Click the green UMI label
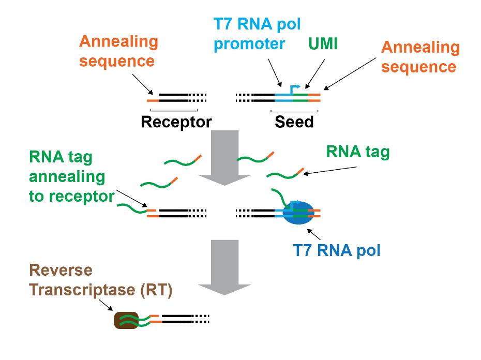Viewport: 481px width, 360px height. pos(323,44)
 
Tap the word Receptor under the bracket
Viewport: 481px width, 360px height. pos(176,122)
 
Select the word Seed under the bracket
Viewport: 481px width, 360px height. pos(294,122)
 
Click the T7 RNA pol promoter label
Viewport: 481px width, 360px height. pos(257,34)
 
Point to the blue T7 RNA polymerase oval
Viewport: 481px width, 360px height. pos(298,213)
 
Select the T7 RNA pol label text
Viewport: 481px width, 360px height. pos(337,251)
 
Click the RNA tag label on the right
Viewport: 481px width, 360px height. pos(357,152)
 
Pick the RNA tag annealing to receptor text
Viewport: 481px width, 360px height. pos(71,176)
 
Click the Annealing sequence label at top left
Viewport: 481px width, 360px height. pos(118,51)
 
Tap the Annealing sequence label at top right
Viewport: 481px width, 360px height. pos(420,57)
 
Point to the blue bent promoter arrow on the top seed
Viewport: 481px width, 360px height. pos(295,88)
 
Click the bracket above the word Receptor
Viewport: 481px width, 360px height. pos(174,110)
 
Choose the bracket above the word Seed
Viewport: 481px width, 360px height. pos(294,110)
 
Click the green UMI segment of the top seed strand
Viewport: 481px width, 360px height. pos(300,96)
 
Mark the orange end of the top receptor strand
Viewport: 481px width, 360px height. pos(153,96)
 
